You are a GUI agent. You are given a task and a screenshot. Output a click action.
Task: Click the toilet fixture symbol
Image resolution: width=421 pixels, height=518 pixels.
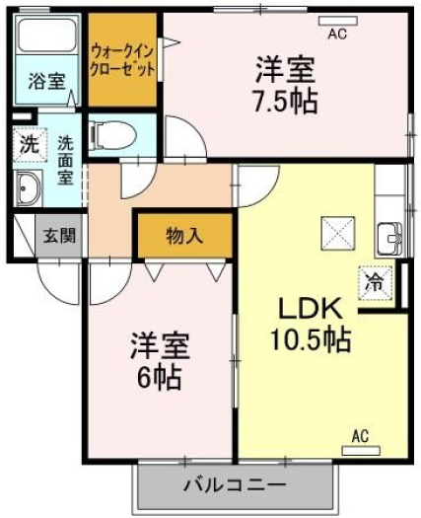point(113,135)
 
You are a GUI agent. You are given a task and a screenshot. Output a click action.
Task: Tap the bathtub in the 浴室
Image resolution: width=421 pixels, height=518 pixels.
point(47,36)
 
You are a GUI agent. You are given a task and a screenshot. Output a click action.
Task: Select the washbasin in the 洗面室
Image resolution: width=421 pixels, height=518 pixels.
point(28,188)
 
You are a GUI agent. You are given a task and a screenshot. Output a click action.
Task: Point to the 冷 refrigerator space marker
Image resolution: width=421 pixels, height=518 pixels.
point(375,283)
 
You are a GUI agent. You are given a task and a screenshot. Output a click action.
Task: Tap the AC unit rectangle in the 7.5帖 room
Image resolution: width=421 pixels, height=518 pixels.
point(338,21)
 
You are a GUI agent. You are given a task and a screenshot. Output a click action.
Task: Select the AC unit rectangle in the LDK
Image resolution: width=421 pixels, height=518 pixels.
point(361,451)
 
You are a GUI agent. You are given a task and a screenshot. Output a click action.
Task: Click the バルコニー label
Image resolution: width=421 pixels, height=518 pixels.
point(235,485)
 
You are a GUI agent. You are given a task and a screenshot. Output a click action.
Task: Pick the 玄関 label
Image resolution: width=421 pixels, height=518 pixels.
point(60,236)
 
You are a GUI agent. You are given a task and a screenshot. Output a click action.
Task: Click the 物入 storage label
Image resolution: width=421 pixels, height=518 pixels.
point(184,236)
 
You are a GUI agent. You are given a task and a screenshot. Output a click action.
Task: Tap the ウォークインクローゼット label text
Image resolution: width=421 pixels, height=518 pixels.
point(122,60)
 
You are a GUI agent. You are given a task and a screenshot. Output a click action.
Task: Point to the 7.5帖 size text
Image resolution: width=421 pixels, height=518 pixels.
point(285,101)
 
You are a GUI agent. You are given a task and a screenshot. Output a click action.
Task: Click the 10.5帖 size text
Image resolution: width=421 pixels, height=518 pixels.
point(311,339)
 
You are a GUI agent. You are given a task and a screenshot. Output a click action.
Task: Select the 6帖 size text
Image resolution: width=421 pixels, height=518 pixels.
point(160,378)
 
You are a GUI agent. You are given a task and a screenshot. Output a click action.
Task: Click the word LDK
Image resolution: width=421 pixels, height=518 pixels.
point(310,309)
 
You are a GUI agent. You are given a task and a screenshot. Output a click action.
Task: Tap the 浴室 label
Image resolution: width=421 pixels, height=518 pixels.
point(46,81)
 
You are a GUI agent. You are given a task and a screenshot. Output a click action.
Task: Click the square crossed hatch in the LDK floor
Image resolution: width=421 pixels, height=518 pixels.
point(338,233)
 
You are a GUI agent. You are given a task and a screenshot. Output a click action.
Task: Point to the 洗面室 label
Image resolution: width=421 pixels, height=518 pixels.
point(66,161)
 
